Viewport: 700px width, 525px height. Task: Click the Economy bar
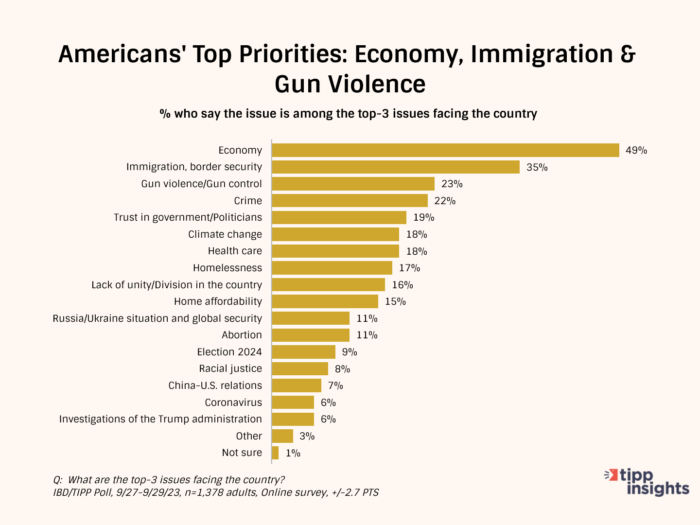(x=445, y=150)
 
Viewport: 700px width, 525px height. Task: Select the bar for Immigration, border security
(x=396, y=167)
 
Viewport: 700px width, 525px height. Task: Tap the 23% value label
(x=452, y=184)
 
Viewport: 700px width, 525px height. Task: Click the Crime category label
(x=248, y=201)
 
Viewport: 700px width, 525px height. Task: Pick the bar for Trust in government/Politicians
(x=339, y=217)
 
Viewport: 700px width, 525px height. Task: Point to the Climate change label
(x=225, y=234)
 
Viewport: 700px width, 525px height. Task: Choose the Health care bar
(x=335, y=251)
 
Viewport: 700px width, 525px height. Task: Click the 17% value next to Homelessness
(x=409, y=268)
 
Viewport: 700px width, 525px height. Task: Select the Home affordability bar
(x=325, y=301)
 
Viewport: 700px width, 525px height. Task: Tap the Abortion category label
(x=242, y=335)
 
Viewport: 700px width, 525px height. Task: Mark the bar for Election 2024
(x=303, y=352)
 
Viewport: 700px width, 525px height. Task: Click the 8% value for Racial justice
(x=342, y=369)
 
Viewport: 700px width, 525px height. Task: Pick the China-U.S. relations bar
(x=297, y=385)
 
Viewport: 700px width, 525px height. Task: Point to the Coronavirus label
(x=233, y=402)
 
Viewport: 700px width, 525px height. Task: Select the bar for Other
(x=282, y=436)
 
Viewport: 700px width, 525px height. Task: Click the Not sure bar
(x=275, y=453)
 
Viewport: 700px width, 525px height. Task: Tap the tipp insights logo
(x=647, y=482)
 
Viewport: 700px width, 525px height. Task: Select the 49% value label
(x=636, y=150)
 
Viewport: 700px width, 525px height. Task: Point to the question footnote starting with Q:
(x=169, y=480)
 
